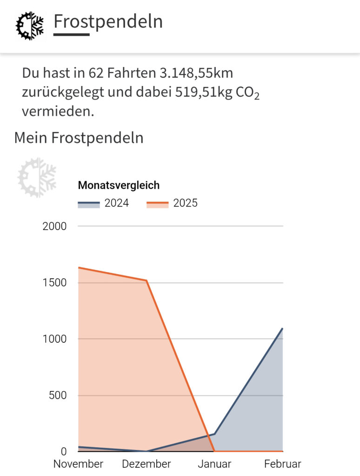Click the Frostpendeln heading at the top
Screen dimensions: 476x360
point(108,21)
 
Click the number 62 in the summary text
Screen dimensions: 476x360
point(94,73)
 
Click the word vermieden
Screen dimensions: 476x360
point(58,112)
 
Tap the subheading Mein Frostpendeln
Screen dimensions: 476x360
point(79,138)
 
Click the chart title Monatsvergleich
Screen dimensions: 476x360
point(119,185)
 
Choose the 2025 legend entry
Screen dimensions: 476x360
point(172,203)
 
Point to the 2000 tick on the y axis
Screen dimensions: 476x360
point(55,226)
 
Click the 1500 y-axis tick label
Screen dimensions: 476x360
point(55,283)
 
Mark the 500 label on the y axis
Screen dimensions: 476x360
point(59,396)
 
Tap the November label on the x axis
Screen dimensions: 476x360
point(78,464)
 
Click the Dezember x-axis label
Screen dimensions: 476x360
point(147,464)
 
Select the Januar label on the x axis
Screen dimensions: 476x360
point(214,464)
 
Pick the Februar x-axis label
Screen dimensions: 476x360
point(282,464)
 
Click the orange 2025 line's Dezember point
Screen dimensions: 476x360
point(147,280)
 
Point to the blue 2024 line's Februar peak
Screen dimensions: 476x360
point(282,329)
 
